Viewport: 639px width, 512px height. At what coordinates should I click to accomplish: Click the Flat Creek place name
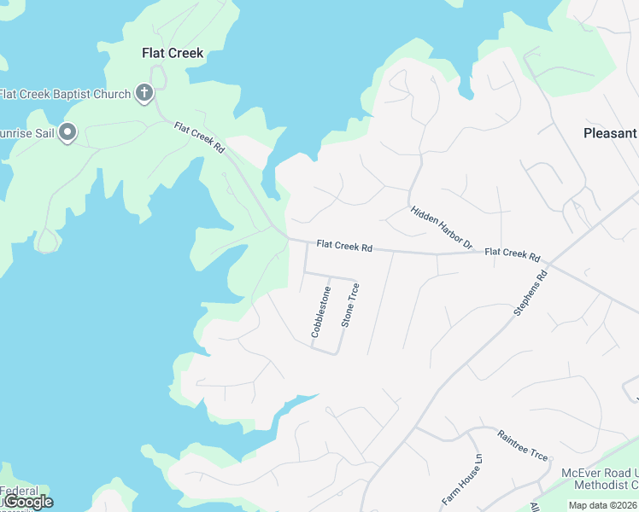[172, 53]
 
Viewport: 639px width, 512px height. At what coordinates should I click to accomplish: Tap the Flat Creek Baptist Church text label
[65, 94]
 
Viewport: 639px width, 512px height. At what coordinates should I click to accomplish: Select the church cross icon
[144, 93]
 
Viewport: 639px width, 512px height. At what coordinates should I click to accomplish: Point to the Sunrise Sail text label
[26, 132]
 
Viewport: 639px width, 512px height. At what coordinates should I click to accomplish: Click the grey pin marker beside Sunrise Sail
[68, 132]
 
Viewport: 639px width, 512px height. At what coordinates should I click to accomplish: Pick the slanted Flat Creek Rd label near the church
[199, 137]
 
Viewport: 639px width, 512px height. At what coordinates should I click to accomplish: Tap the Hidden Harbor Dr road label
[441, 227]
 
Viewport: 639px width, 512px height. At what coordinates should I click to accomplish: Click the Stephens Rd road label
[529, 294]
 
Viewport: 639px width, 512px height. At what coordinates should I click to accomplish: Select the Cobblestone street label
[320, 311]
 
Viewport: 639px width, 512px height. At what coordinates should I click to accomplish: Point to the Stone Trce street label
[350, 305]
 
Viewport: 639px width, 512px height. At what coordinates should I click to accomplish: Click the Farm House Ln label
[462, 481]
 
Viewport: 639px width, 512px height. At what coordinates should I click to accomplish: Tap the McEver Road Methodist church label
[599, 479]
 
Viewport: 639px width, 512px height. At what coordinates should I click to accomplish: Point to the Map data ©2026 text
[603, 505]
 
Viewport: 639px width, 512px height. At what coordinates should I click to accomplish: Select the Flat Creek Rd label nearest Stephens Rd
[513, 254]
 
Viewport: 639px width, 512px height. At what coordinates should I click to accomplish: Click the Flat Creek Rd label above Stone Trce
[344, 246]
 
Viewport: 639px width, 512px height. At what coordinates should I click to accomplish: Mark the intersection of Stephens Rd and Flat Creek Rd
[547, 261]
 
